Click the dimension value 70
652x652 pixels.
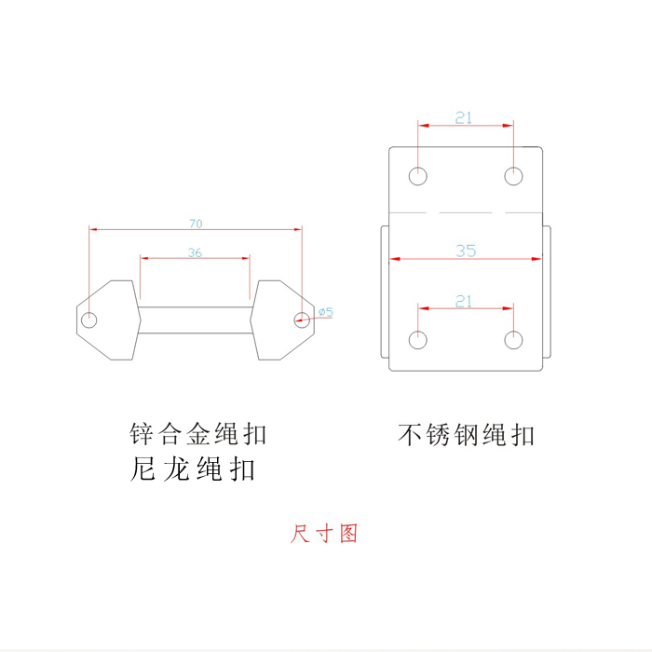point(196,224)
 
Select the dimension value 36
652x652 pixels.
point(195,252)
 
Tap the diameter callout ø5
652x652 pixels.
point(326,311)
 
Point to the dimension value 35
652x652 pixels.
point(466,251)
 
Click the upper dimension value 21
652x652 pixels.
point(464,117)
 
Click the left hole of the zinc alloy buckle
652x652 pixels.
point(89,320)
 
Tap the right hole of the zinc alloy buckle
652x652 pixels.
point(301,319)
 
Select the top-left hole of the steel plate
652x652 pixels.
point(418,175)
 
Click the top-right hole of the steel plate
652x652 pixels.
point(513,175)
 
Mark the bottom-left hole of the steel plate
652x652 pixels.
point(418,340)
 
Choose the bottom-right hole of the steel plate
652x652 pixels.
point(513,340)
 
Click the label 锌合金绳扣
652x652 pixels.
point(197,434)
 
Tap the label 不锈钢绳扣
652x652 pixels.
point(467,435)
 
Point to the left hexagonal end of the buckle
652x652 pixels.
point(110,319)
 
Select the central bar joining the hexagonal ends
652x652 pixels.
point(195,319)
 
